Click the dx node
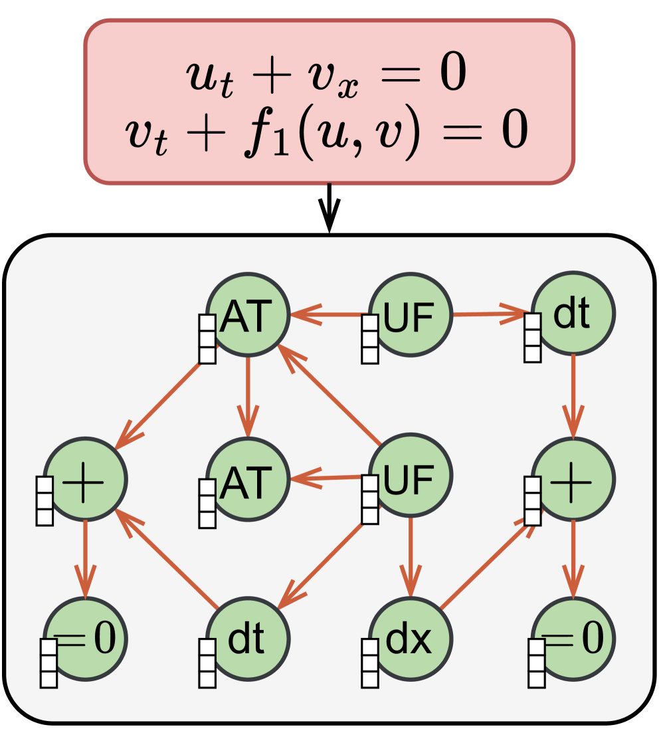point(410,639)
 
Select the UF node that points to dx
point(410,476)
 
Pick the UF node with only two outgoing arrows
point(410,314)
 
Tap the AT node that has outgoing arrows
point(248,314)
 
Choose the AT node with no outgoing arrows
point(248,478)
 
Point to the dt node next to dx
point(248,639)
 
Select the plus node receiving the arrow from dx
point(573,478)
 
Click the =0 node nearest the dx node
point(573,639)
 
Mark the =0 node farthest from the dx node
point(85,639)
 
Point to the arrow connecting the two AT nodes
point(248,396)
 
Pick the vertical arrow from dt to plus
point(573,395)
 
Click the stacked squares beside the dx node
point(371,663)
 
